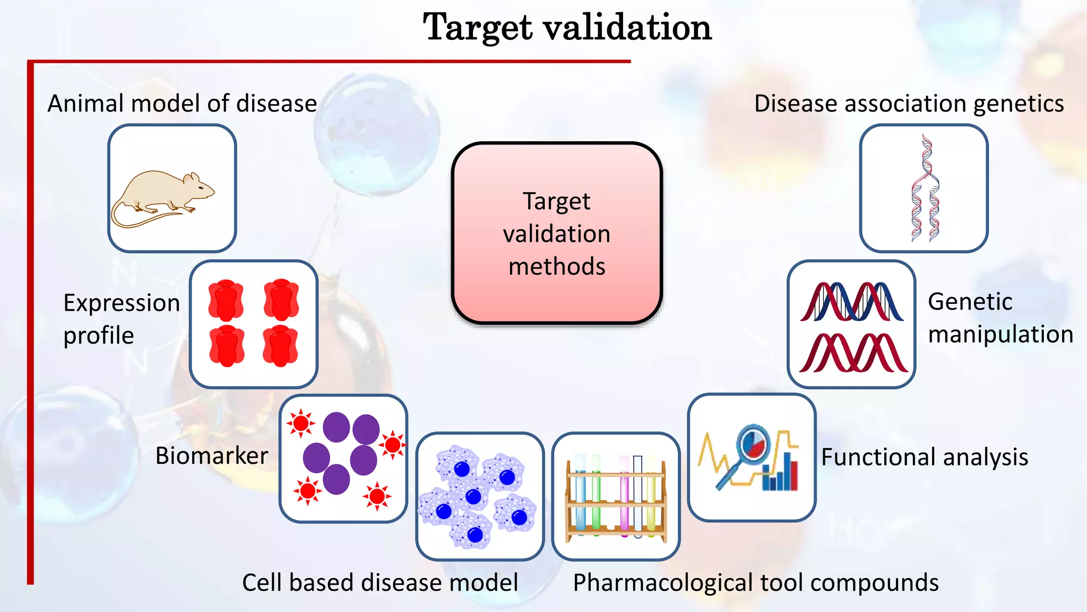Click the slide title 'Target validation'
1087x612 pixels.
click(567, 28)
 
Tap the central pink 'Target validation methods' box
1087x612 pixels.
click(557, 233)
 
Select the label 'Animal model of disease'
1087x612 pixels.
click(182, 104)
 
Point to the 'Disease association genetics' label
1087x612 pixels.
click(909, 104)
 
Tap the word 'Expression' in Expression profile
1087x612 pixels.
click(122, 303)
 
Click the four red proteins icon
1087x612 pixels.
click(254, 324)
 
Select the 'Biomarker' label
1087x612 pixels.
click(211, 456)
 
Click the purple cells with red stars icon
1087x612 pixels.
click(343, 458)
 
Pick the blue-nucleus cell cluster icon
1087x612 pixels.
click(480, 496)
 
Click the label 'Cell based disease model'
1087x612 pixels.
click(380, 583)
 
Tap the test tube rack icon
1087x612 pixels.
click(616, 496)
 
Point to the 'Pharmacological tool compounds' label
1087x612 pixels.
click(756, 583)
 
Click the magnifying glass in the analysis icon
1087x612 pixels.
click(748, 449)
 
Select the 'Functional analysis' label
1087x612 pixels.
click(925, 457)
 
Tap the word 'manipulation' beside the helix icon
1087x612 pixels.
click(1000, 335)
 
